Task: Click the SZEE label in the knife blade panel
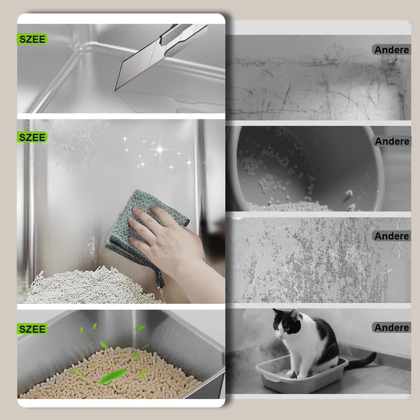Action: tap(32, 39)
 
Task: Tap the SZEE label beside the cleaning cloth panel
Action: tap(32, 137)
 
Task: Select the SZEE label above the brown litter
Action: tap(32, 328)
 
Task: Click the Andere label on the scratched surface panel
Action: tap(391, 49)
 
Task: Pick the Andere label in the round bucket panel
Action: tap(392, 141)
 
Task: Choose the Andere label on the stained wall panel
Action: tap(392, 236)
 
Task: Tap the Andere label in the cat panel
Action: tap(392, 327)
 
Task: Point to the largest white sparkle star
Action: tap(158, 149)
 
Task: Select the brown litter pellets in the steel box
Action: tap(112, 381)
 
